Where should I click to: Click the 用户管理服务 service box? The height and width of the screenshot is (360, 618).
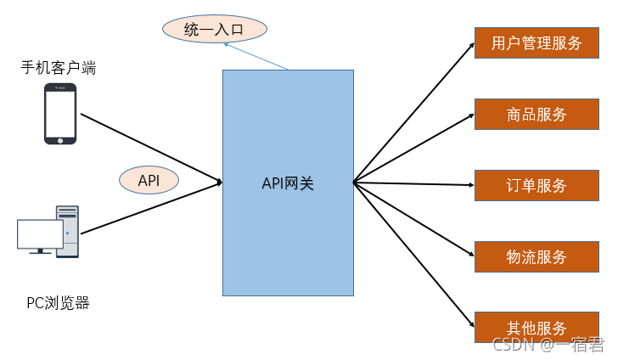pos(537,43)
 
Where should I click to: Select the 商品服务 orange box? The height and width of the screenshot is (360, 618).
pos(537,115)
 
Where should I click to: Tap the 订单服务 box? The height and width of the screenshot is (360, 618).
pos(537,185)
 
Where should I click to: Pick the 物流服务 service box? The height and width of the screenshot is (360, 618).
pos(537,256)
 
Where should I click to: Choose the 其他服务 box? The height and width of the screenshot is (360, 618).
pos(537,327)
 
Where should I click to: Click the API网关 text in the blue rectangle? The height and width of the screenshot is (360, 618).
pos(288,183)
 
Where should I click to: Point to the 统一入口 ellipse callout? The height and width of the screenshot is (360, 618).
pos(215,30)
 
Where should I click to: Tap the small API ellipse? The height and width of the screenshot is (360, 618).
pos(149,180)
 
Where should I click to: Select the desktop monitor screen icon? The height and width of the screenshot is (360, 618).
pos(39,234)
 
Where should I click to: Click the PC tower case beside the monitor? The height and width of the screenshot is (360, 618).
pos(67,230)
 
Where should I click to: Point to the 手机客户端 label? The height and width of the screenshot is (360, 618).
pos(59,67)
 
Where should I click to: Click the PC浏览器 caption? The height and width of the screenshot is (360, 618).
pos(58,302)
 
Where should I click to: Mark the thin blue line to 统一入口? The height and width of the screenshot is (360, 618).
pos(256,56)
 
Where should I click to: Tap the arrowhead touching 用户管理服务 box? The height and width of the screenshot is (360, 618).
pos(470,46)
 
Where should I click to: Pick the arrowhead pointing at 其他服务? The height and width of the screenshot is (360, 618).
pos(470,324)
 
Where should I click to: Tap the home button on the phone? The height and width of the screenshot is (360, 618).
pos(60,138)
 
